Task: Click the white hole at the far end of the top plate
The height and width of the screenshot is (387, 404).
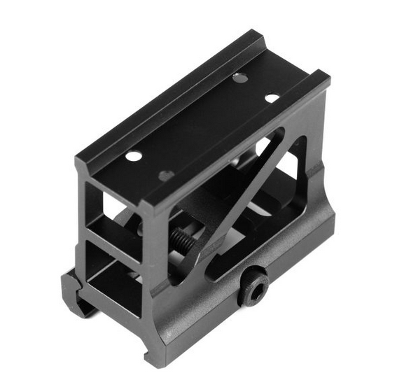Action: click(272, 98)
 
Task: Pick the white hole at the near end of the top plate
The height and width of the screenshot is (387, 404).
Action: click(133, 155)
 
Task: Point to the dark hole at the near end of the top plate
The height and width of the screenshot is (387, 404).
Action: click(166, 175)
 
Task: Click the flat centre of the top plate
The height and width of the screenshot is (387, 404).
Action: click(203, 126)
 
